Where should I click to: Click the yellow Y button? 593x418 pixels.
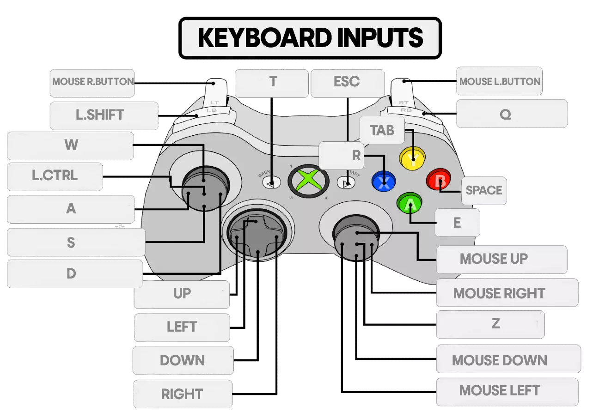tap(411, 158)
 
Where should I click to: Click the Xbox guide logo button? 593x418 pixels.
tap(308, 180)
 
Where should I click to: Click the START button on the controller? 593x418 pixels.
tap(345, 183)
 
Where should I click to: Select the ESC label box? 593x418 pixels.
tap(347, 82)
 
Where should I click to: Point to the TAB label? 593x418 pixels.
tap(382, 130)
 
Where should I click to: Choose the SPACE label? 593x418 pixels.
tap(484, 190)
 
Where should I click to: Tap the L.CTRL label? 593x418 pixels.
tap(55, 176)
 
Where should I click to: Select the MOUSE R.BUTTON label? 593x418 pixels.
tap(92, 82)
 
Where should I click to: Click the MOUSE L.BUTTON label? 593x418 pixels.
tap(500, 82)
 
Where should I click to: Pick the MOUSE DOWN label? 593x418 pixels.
tap(499, 360)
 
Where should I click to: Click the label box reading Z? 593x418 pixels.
tap(495, 324)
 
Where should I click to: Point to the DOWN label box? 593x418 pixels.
tap(182, 360)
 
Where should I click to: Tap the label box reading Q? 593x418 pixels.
tap(506, 115)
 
